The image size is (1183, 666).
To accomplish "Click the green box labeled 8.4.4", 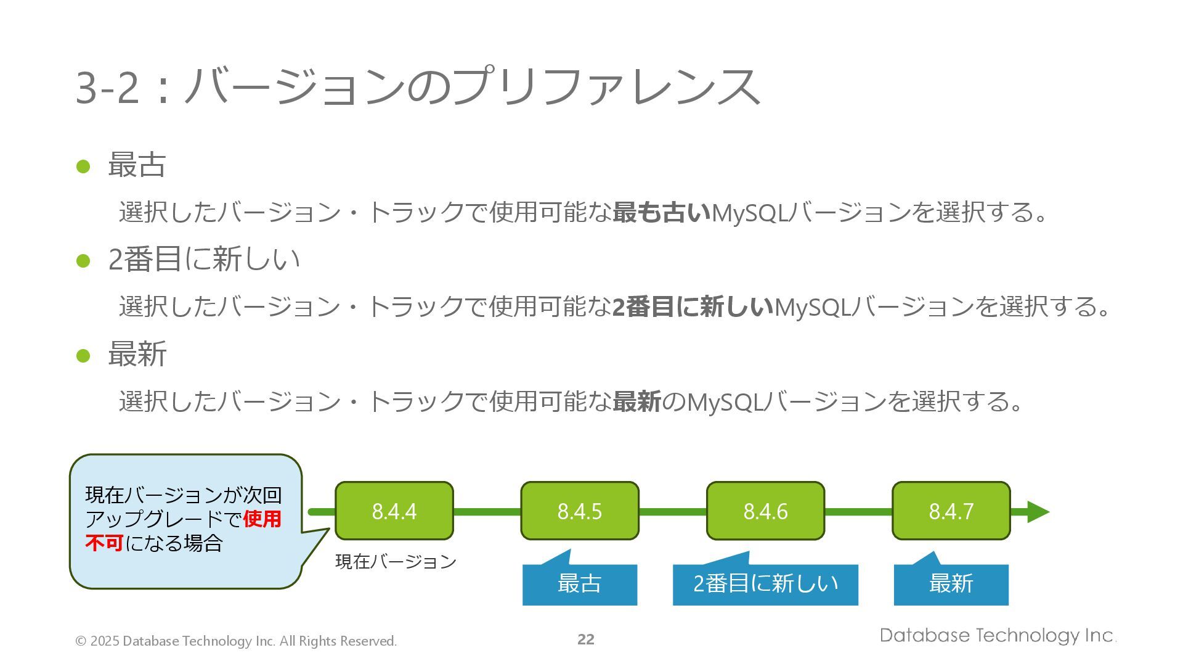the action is click(394, 511).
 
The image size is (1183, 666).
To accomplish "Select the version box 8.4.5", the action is click(580, 511).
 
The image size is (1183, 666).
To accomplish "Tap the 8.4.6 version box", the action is click(765, 511).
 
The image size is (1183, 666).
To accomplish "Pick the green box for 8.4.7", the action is click(951, 511).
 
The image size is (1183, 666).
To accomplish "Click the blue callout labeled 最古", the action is click(580, 584).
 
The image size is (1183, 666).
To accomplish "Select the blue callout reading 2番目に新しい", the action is click(765, 584).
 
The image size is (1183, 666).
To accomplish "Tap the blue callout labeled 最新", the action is click(951, 584).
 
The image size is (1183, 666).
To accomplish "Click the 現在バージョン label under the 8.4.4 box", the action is click(396, 561).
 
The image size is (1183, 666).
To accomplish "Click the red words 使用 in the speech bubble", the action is click(262, 519).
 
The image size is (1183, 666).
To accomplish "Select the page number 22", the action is click(586, 639).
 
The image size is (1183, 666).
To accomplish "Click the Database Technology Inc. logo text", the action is click(998, 636).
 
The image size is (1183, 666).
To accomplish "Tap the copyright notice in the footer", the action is click(236, 641).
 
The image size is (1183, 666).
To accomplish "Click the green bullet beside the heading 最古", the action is click(83, 166).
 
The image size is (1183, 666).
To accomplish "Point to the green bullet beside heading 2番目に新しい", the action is click(83, 261).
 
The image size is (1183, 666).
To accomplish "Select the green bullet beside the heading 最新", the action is click(83, 356).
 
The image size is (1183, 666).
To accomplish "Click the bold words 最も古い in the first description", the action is click(662, 213).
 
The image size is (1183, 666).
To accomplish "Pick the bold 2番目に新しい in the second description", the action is click(693, 307).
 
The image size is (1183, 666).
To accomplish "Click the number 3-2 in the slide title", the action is click(107, 88).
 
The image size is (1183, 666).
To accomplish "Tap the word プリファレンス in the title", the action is click(606, 86).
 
